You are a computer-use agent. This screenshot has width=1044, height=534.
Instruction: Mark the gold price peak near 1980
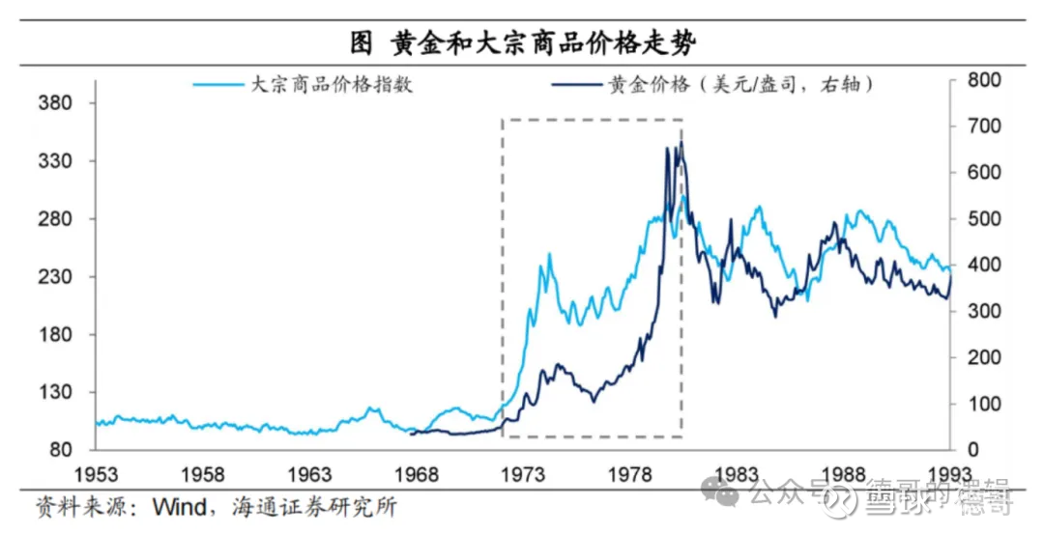pyautogui.click(x=681, y=143)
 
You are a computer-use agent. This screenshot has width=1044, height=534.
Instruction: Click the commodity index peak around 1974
pyautogui.click(x=550, y=254)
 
